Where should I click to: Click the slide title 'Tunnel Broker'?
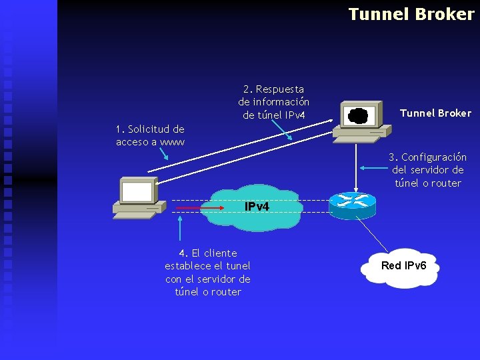(x=411, y=14)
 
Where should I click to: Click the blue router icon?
(x=352, y=203)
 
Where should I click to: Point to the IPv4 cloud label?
(x=257, y=207)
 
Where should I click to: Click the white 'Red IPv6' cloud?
(x=400, y=267)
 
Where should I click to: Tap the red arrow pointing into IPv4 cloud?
(x=191, y=209)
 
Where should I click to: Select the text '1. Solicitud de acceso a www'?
(x=150, y=135)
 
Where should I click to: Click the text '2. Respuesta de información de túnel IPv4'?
(x=273, y=102)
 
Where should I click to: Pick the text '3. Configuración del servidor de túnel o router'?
(x=427, y=170)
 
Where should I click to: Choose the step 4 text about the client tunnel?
(x=207, y=272)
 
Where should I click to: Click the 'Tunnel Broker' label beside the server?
(x=435, y=113)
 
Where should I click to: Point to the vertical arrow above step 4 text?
(x=179, y=229)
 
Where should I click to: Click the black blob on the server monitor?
(x=358, y=115)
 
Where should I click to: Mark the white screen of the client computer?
(x=137, y=192)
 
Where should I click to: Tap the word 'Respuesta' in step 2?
(x=279, y=89)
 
